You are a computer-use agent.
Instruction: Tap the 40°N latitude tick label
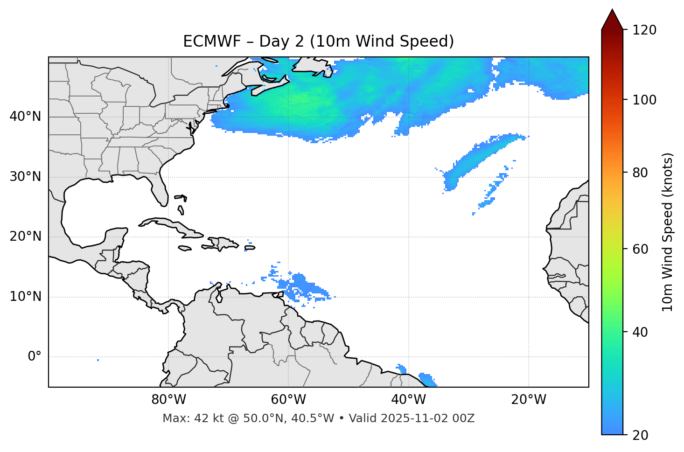(25, 117)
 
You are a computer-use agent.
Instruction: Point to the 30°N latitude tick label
(25, 177)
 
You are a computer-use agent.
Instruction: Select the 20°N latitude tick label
(25, 236)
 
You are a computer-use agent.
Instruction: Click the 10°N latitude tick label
(25, 297)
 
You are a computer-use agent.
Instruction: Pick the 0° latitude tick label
(35, 357)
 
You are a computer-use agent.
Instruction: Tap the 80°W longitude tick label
(168, 400)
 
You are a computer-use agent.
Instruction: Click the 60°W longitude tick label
(288, 400)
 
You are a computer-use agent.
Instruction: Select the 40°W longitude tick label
(408, 400)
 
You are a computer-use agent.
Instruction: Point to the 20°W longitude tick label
(528, 400)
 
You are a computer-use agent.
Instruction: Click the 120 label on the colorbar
(644, 30)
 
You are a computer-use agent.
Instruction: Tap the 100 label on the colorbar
(644, 100)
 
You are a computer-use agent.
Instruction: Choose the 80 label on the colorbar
(641, 173)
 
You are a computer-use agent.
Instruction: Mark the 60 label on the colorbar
(641, 249)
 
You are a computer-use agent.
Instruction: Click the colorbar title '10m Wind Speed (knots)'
(668, 232)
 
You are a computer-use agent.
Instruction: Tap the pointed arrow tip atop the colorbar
(612, 10)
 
